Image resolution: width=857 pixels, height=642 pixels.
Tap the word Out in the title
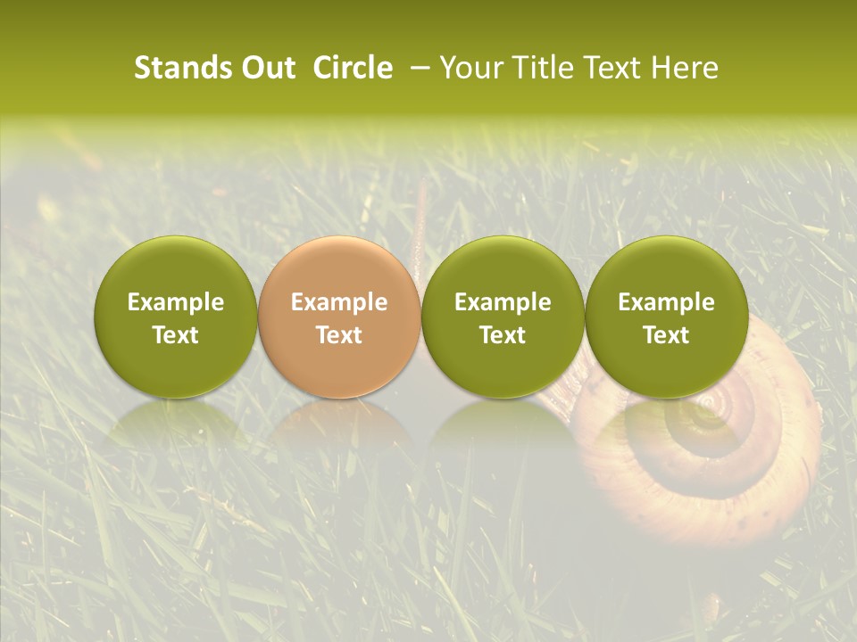tap(265, 68)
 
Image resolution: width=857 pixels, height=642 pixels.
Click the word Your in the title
tap(468, 68)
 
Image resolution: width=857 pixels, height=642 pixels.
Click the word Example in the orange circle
tap(339, 302)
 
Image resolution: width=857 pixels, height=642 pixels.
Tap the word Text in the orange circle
tap(339, 335)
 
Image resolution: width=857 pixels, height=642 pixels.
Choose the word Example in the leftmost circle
tap(176, 302)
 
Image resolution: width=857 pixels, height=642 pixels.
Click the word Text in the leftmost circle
tap(176, 335)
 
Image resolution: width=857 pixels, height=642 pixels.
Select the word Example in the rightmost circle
tap(667, 302)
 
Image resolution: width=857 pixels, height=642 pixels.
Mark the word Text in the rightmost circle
tap(667, 335)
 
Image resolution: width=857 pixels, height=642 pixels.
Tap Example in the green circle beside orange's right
tap(503, 302)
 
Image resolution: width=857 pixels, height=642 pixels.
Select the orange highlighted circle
tap(339, 267)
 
